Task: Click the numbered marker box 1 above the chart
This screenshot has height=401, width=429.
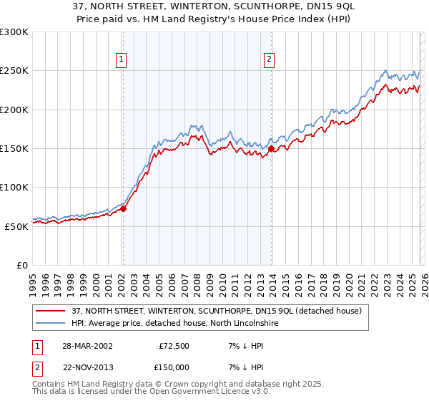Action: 122,60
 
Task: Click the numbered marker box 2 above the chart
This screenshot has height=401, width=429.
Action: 270,60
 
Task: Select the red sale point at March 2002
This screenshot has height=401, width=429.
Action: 123,209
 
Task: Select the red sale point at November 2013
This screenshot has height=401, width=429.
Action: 272,149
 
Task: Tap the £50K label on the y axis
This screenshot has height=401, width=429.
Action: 16,226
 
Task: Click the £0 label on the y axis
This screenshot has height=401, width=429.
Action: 21,265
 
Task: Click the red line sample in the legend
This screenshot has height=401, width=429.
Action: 52,311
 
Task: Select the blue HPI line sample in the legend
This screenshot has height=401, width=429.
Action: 52,323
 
